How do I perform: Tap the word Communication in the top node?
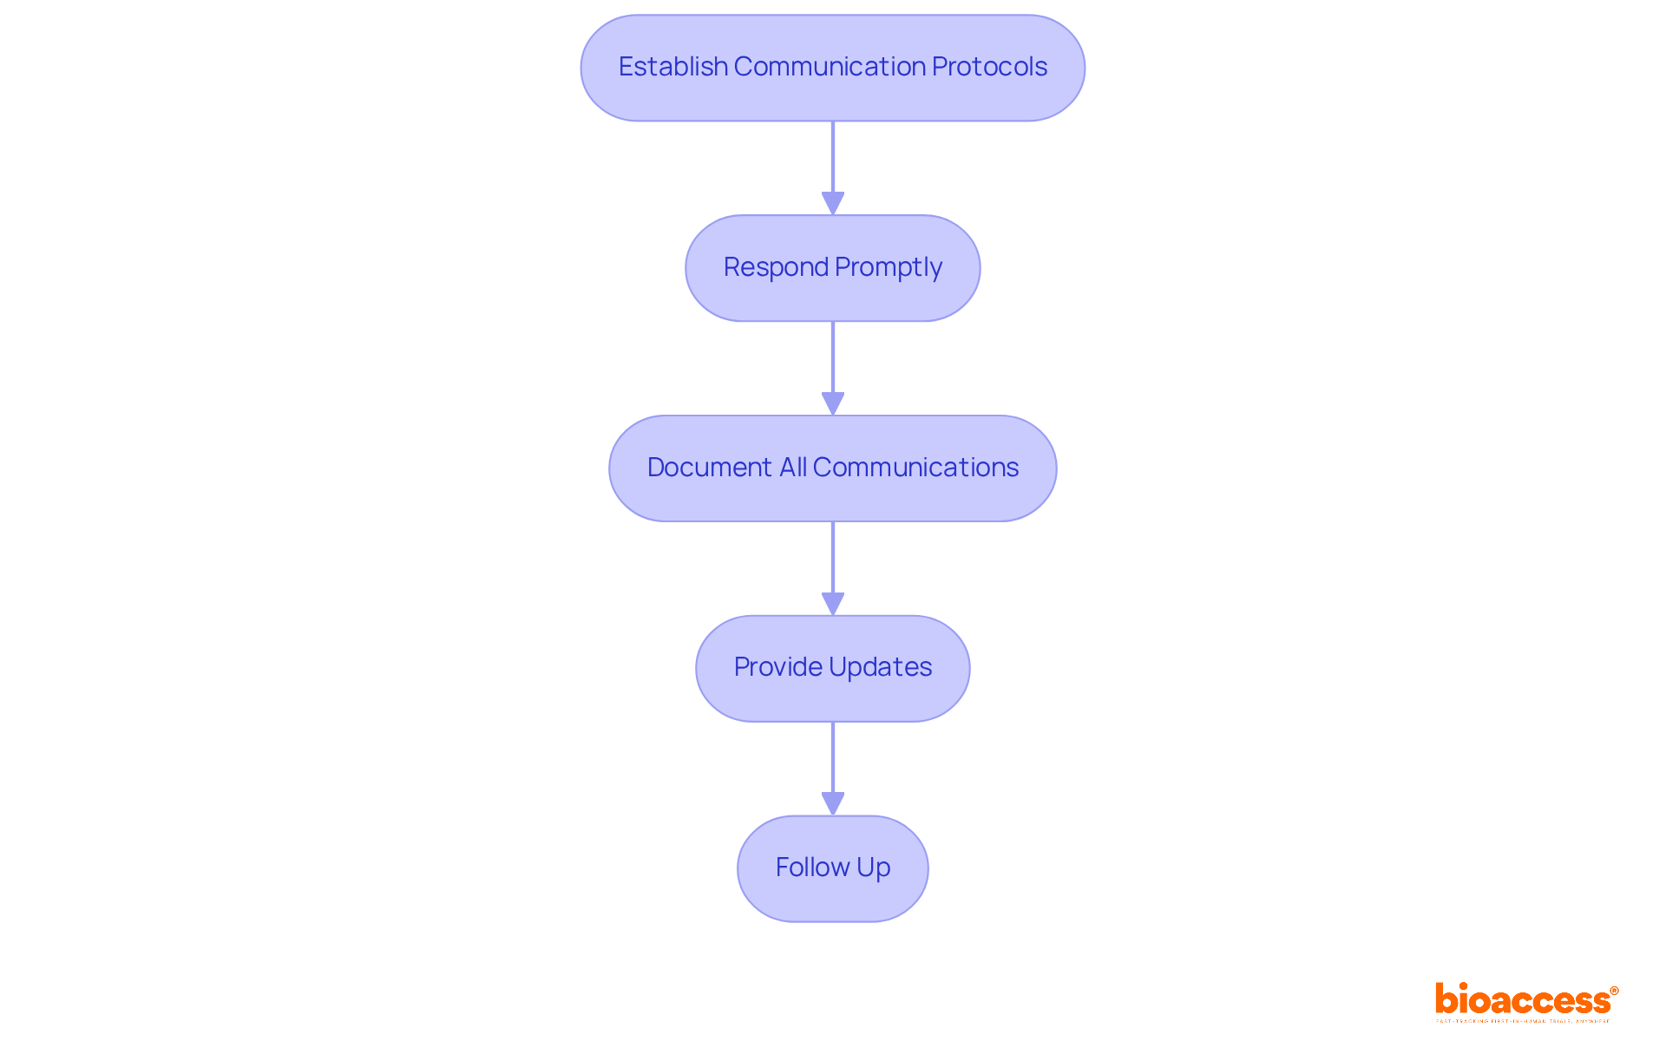(830, 67)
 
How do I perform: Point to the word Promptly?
(889, 267)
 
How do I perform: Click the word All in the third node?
(793, 468)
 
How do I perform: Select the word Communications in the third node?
(915, 468)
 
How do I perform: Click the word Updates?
(881, 667)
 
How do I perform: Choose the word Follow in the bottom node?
(812, 867)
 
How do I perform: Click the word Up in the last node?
(874, 867)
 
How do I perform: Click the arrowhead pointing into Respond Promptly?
(833, 204)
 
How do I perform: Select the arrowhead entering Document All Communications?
(833, 404)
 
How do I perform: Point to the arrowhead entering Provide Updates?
(833, 604)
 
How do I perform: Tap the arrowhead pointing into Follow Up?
(833, 804)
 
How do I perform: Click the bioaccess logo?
(1523, 1000)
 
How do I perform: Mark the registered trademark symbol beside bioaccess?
(1614, 991)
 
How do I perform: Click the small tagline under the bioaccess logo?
(1523, 1022)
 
